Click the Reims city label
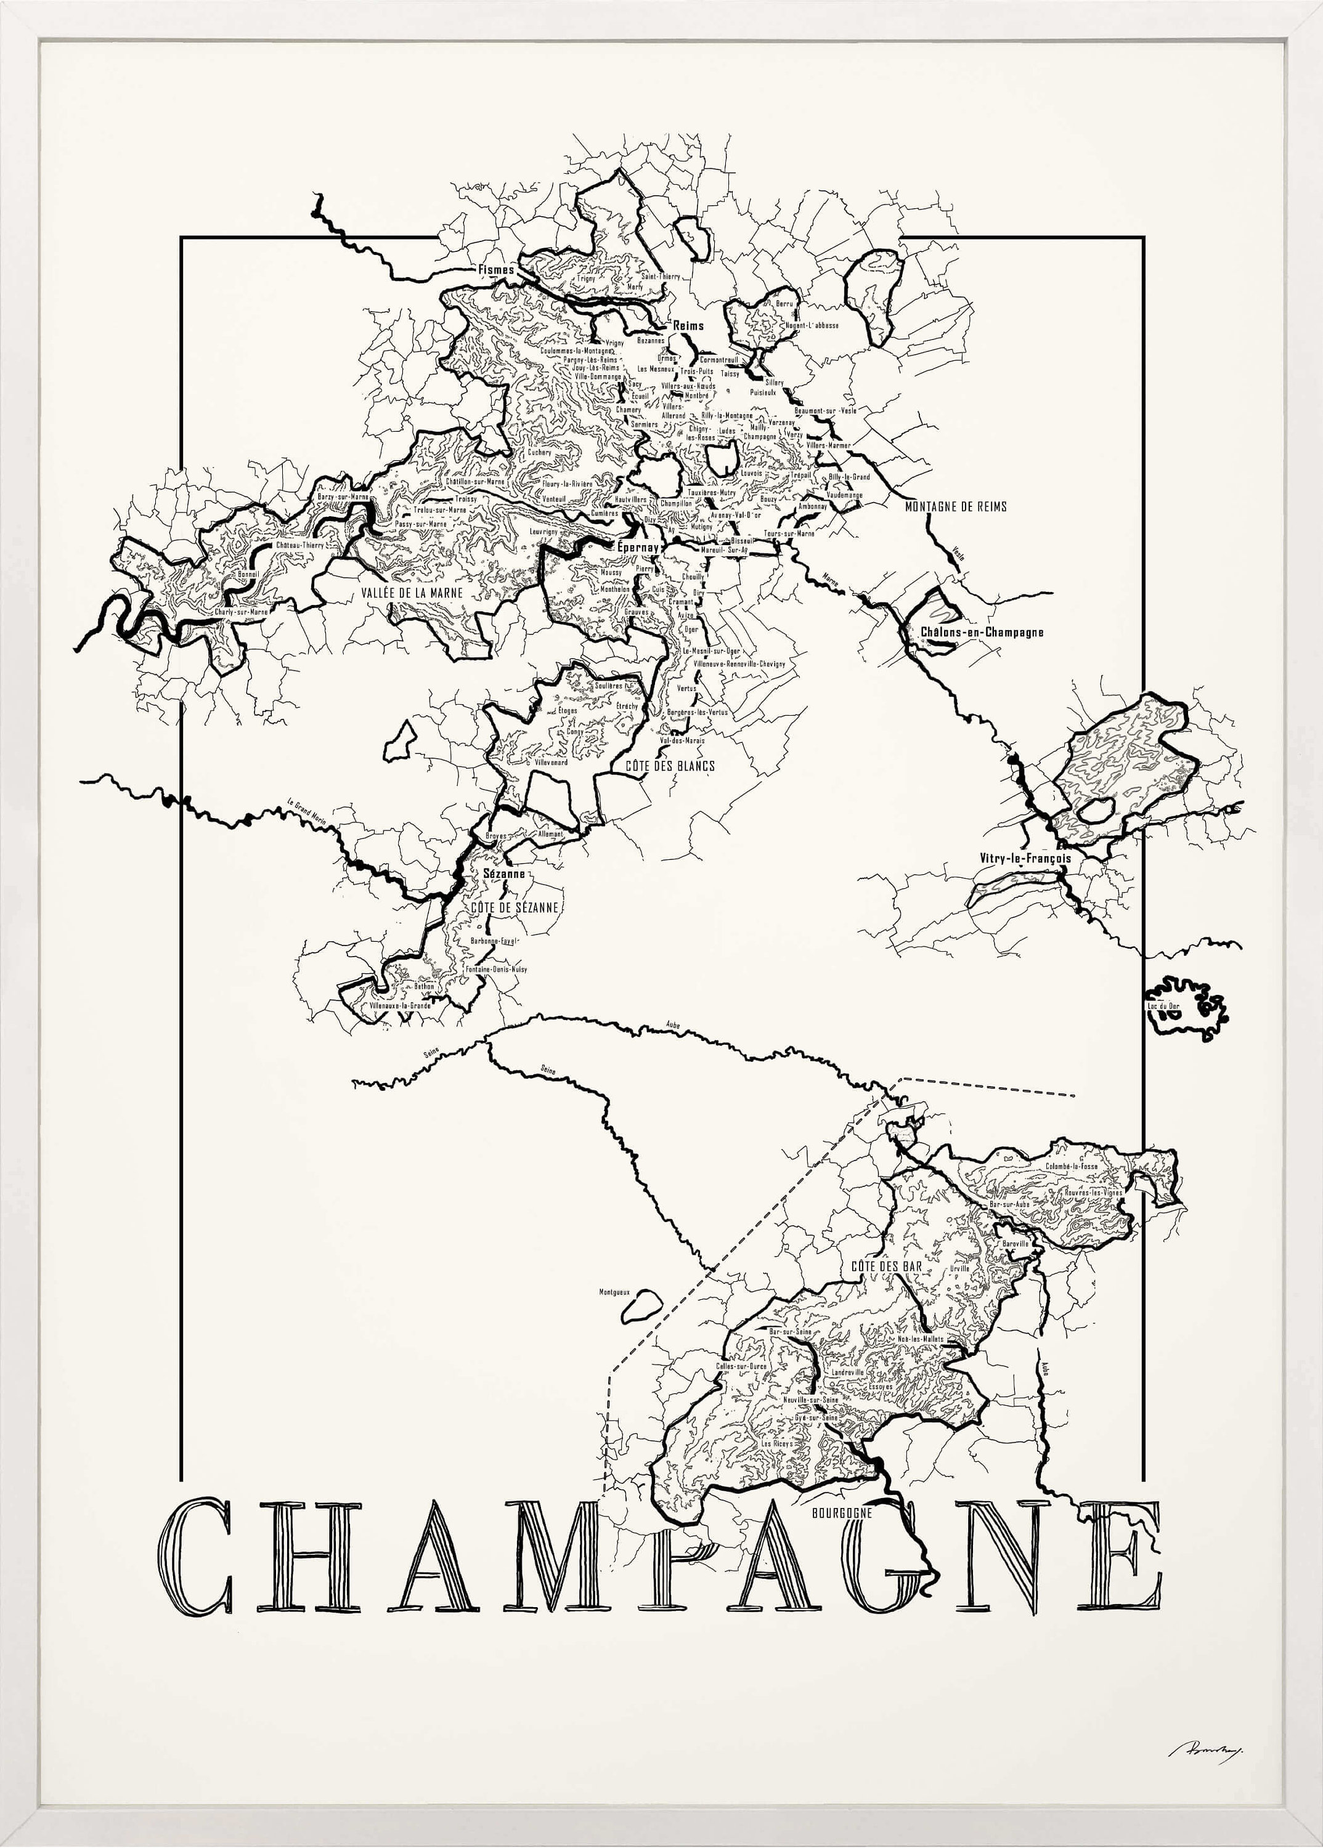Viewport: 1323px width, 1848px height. coord(688,326)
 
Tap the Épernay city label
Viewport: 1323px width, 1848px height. coord(637,548)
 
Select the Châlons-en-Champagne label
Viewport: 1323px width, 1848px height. coord(982,632)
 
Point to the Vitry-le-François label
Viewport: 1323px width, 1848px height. coord(1025,857)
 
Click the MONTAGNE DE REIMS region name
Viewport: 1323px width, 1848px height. coord(956,506)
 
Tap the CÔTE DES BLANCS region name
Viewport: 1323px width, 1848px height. coord(670,766)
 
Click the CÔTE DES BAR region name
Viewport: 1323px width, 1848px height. coord(886,1266)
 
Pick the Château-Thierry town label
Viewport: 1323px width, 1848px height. coord(300,545)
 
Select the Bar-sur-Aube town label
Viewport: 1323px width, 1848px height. coord(1009,1204)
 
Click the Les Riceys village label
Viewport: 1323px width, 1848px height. coord(777,1444)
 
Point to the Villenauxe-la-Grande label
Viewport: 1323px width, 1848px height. coord(400,1006)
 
